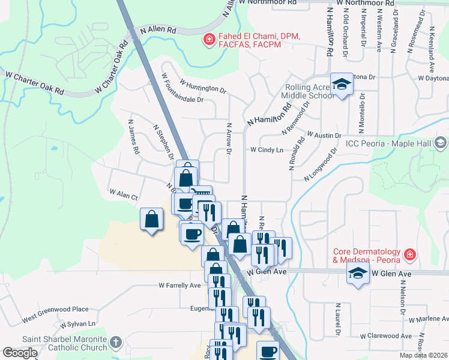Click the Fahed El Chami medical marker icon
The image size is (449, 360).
[209, 40]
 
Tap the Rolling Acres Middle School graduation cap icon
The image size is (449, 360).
[342, 85]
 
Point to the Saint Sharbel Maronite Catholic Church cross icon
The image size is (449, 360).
[116, 343]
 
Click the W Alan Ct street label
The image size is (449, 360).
[124, 193]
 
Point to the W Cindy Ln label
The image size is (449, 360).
[267, 149]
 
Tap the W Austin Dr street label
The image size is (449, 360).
[324, 135]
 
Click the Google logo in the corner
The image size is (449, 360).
[20, 353]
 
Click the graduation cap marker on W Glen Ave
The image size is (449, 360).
[357, 275]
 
